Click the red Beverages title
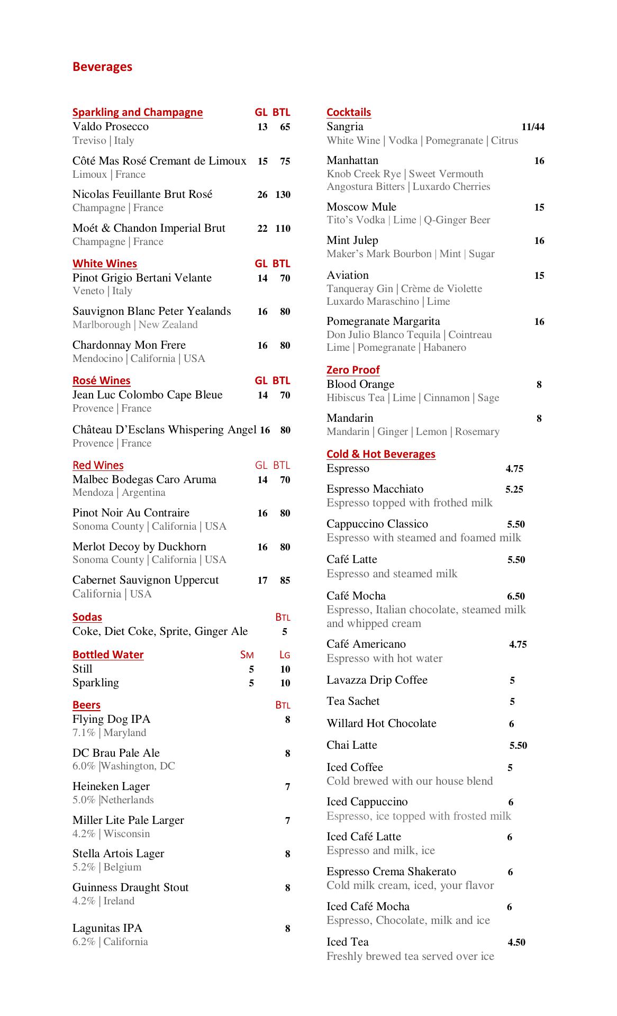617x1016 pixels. point(102,67)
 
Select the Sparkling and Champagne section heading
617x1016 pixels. point(138,112)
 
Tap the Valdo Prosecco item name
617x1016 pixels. point(111,126)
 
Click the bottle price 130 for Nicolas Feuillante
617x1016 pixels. point(283,195)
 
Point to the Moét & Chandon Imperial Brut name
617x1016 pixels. point(149,228)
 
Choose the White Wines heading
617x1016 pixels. point(105,264)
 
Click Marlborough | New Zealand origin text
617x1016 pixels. point(135,325)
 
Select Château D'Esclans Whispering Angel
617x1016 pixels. point(165,430)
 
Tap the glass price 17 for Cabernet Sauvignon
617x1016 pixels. point(262,580)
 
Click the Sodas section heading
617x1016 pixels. point(87,617)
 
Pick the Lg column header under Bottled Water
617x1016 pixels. point(285,655)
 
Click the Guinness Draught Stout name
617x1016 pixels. point(131,887)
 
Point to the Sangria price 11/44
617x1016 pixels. point(532,127)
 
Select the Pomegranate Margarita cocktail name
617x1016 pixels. point(383,321)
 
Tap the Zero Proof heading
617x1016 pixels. point(353,370)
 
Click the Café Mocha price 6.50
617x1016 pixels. point(515,596)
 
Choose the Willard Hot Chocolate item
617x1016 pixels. point(382,723)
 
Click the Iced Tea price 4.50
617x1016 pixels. point(516,942)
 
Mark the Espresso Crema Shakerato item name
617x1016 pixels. point(391,872)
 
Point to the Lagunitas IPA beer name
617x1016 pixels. point(107,928)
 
